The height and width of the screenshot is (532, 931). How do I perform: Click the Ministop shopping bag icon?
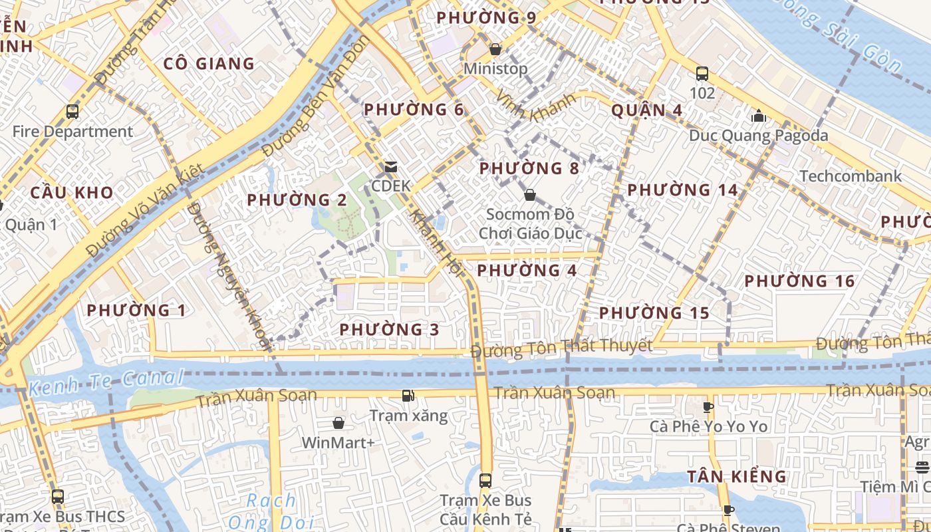(495, 49)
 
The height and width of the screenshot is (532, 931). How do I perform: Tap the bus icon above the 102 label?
(702, 73)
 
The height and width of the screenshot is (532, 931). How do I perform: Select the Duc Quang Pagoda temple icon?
(758, 116)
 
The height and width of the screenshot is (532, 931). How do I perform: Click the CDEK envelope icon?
(391, 166)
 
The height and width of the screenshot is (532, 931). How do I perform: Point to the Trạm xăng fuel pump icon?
(408, 396)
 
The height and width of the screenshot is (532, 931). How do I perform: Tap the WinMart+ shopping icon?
(338, 423)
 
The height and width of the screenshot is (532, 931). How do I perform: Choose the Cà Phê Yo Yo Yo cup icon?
(708, 407)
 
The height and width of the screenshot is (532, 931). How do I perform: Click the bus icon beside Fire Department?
(72, 112)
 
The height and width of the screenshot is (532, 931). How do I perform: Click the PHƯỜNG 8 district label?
(529, 168)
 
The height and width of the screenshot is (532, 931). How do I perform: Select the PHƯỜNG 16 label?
(799, 281)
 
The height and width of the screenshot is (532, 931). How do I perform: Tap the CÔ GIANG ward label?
(209, 64)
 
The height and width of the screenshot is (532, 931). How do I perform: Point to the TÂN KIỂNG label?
(737, 476)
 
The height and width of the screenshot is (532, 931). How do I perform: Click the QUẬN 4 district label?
(646, 110)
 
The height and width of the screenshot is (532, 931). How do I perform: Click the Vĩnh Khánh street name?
(535, 106)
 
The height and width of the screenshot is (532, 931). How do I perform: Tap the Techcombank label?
(851, 176)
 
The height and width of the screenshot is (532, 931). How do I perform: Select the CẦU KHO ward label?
(72, 193)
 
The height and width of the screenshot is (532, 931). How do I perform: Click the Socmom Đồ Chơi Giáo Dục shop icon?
(530, 195)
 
